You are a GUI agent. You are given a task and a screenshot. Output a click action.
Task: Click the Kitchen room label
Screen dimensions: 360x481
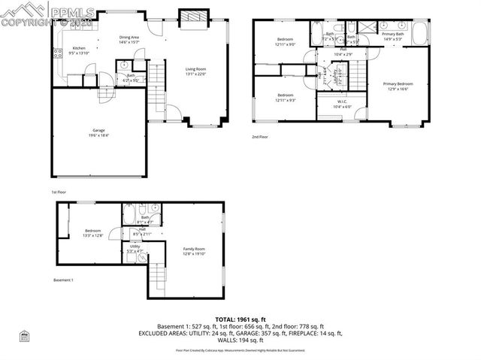click(79, 50)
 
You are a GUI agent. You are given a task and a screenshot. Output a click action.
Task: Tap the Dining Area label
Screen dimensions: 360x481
click(130, 39)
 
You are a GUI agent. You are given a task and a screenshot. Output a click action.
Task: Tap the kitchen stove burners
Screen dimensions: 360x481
click(56, 52)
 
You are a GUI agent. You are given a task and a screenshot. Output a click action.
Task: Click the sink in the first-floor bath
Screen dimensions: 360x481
click(123, 65)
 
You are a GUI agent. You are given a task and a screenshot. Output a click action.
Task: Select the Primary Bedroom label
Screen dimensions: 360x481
click(398, 86)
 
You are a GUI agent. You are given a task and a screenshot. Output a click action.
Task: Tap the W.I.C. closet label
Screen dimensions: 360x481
click(341, 104)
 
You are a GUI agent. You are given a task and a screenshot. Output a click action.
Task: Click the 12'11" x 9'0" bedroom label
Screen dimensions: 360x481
click(286, 41)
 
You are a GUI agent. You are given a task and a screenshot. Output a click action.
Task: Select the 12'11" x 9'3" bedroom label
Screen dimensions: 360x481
click(286, 98)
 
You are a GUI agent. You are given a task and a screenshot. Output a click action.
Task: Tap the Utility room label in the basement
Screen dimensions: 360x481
click(135, 247)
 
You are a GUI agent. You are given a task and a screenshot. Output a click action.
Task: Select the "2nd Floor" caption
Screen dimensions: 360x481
click(260, 137)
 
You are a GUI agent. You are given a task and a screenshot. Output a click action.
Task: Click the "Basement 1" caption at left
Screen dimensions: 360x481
click(63, 280)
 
